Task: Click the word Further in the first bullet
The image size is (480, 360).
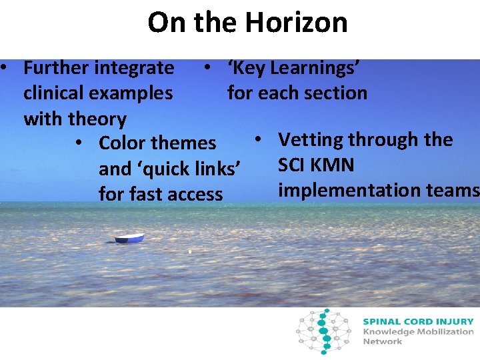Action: (x=56, y=68)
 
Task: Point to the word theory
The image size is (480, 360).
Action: (x=97, y=119)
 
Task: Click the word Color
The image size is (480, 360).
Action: (x=123, y=143)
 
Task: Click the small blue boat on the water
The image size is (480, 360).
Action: (x=129, y=238)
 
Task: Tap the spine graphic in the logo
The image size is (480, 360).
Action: (x=324, y=330)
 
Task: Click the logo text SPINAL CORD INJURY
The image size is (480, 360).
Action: (x=418, y=321)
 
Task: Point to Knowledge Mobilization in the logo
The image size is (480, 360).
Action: (x=418, y=331)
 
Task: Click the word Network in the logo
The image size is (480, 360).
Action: (x=382, y=341)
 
